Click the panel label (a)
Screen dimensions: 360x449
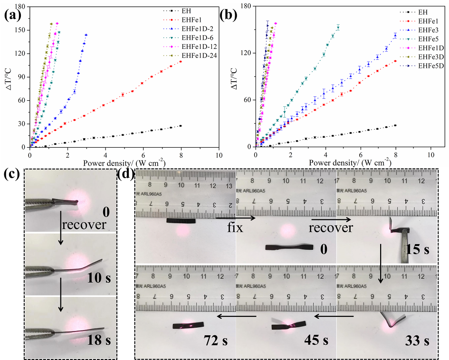coord(14,15)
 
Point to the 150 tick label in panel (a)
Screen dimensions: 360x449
coord(20,30)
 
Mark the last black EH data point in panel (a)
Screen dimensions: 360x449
coord(181,126)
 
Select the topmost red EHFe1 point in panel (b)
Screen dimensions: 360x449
coord(395,61)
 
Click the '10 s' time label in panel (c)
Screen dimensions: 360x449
coord(98,277)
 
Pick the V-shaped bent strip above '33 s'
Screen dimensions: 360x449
coord(392,321)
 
